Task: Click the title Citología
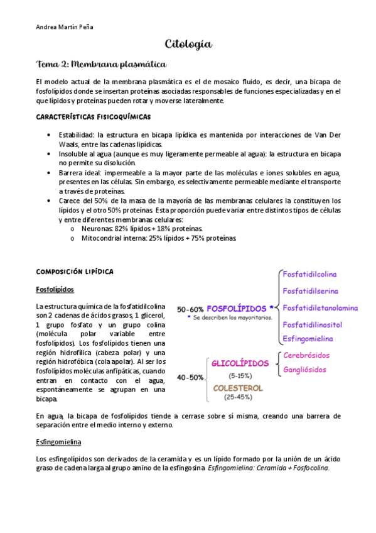point(188,45)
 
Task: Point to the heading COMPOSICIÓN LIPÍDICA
point(75,271)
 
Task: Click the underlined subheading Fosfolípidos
point(55,289)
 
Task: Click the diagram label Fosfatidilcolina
point(310,275)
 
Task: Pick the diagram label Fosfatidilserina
point(311,291)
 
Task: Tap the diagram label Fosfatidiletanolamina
point(320,308)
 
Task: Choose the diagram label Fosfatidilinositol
point(313,325)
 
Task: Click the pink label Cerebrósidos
point(306,355)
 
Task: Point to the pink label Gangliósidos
point(306,370)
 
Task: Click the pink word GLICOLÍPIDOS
point(240,363)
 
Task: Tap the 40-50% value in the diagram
point(190,378)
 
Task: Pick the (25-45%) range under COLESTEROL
point(238,398)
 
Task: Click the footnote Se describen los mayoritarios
point(232,318)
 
